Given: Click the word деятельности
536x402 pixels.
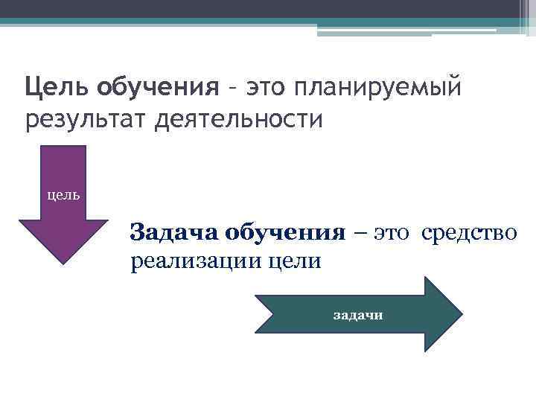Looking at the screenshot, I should (239, 119).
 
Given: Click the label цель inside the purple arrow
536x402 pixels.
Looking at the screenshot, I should (63, 195).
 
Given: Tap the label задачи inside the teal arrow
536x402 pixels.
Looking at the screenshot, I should (358, 315).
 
